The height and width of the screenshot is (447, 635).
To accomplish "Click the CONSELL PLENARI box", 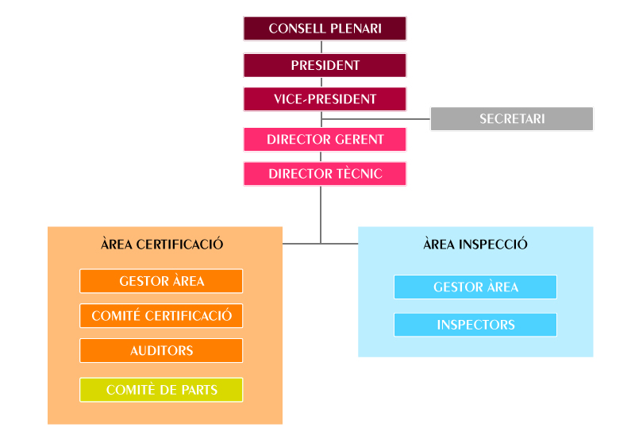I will click(325, 29).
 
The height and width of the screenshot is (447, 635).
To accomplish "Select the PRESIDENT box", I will click(325, 65).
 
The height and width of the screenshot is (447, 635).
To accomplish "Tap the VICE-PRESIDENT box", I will click(325, 99).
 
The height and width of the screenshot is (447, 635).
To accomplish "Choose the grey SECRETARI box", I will click(511, 119).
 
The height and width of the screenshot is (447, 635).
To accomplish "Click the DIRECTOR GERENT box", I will click(325, 140).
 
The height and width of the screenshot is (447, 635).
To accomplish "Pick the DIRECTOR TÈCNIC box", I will click(325, 174).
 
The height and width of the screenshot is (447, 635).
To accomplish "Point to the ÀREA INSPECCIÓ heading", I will click(475, 245).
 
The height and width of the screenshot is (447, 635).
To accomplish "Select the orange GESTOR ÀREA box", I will click(161, 281).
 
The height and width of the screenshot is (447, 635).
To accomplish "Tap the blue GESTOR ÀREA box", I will click(475, 287).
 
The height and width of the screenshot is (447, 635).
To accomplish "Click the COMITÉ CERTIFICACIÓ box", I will click(161, 316).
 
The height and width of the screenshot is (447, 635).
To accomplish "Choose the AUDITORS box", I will click(161, 350).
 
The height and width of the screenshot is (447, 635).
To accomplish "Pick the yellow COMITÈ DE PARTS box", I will click(161, 391).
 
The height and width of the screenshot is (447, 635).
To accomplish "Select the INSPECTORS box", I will click(475, 325).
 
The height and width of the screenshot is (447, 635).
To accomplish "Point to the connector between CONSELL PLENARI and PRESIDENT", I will click(321, 47).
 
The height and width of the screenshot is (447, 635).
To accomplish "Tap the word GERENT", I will click(360, 140).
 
